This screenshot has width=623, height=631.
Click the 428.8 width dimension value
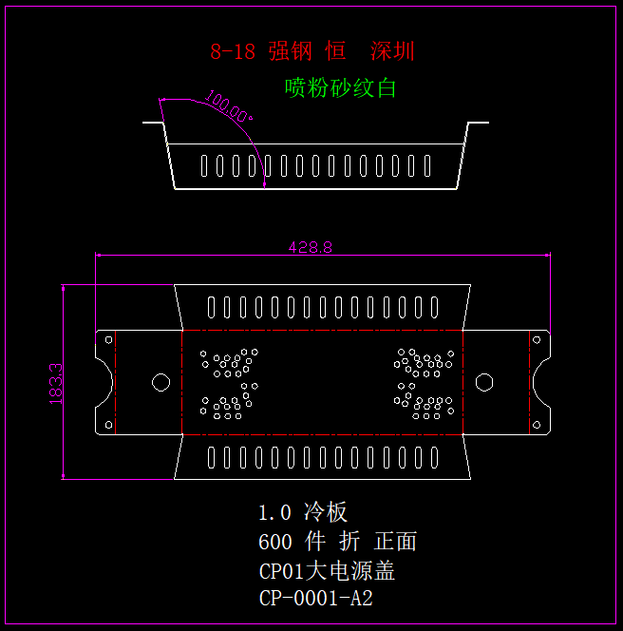click(311, 247)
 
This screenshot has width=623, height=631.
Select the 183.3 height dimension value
click(56, 383)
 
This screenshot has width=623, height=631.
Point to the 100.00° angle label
click(227, 108)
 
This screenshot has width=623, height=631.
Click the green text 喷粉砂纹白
click(340, 88)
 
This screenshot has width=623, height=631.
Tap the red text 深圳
click(392, 51)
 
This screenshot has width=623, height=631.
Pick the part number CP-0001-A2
click(315, 599)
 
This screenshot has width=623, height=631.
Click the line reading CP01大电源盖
click(327, 571)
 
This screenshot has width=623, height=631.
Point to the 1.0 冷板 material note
click(303, 512)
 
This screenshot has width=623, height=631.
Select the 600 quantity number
click(274, 542)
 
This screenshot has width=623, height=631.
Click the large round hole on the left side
click(160, 382)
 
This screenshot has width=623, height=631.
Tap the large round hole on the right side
click(484, 382)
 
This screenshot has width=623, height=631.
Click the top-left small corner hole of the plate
click(109, 339)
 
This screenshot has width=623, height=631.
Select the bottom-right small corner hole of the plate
click(536, 425)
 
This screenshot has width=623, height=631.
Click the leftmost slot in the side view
click(203, 166)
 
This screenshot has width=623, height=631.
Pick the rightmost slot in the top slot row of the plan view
click(433, 307)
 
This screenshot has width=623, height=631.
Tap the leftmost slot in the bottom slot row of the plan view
click(211, 459)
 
